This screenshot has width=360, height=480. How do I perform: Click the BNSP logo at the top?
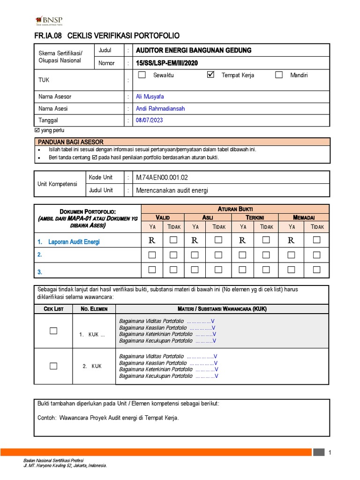click(49, 21)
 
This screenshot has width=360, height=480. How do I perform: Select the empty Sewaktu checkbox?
click(142, 75)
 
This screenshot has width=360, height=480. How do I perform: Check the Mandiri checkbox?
click(279, 75)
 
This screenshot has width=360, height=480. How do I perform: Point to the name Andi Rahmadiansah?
click(160, 108)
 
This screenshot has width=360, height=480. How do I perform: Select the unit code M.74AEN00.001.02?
click(162, 178)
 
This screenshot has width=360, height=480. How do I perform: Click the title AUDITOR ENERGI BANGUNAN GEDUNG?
click(193, 50)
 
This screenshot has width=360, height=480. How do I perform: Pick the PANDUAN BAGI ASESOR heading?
click(71, 142)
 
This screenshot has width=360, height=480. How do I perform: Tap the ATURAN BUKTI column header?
click(235, 209)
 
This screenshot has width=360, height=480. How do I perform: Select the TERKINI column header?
click(255, 217)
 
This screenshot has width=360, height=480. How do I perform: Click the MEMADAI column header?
click(304, 217)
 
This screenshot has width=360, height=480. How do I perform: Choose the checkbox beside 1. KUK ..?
click(53, 331)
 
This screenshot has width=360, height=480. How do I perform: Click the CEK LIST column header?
click(53, 308)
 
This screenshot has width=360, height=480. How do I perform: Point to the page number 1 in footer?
click(330, 452)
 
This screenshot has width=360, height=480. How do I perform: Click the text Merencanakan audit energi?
click(172, 190)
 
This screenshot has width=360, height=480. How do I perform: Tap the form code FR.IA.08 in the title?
click(49, 36)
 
